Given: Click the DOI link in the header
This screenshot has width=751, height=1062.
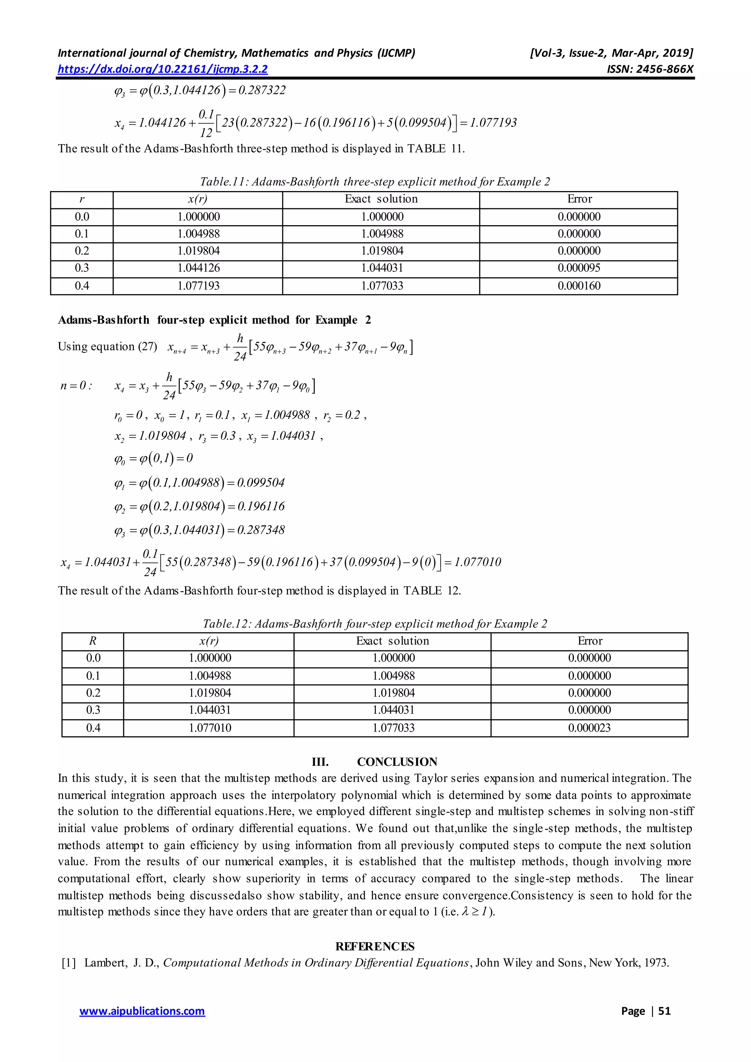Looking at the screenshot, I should point(163,69).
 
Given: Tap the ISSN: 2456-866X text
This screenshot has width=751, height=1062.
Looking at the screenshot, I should point(650,69).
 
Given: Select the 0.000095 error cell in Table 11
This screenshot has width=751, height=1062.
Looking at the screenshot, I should point(579,268).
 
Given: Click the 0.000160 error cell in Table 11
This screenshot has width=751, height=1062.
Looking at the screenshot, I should point(579,286).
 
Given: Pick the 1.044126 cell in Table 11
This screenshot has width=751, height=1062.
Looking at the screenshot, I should point(198,268).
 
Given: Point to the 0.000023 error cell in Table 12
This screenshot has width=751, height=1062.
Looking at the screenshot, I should point(589,728).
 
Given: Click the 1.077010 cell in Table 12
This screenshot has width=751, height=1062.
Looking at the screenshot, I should point(209,728).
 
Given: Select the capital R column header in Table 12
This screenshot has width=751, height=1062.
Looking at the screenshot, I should point(92,641).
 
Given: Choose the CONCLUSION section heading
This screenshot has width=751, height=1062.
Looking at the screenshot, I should point(397,762).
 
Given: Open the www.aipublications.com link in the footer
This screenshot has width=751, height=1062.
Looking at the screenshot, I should point(142,1011).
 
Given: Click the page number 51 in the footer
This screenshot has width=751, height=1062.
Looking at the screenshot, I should point(664,1011).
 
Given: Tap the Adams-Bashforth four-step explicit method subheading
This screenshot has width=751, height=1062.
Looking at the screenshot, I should point(214,320).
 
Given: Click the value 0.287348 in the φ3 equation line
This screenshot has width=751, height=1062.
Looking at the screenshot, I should point(261,530).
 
